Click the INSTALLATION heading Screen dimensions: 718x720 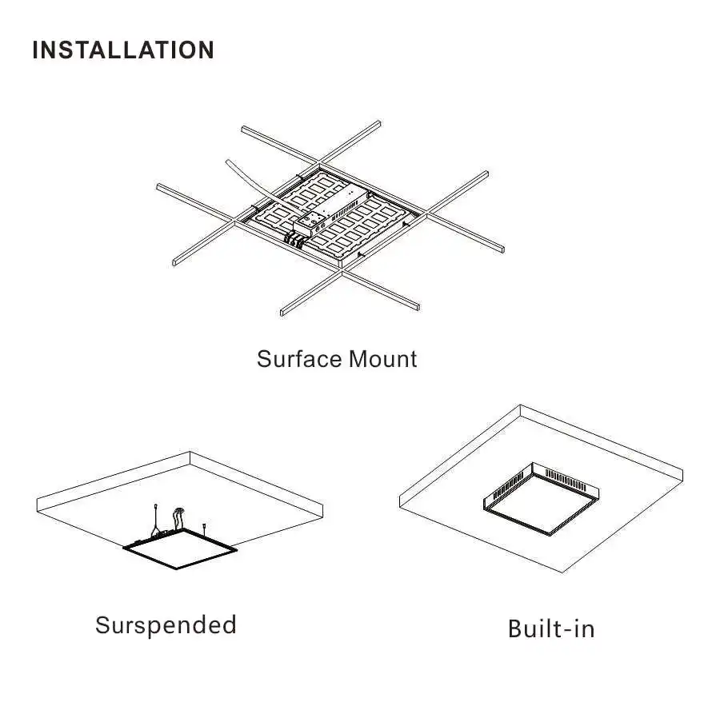point(123,50)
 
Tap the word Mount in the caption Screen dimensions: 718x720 point(382,359)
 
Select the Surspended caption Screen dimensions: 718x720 point(166,624)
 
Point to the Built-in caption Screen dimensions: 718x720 point(551,628)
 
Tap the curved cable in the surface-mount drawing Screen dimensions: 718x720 point(245,178)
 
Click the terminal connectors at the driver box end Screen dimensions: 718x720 point(298,235)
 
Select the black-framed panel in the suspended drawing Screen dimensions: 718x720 point(181,548)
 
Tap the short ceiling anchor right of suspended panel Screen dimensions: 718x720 point(206,527)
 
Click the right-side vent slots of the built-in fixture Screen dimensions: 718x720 point(571,481)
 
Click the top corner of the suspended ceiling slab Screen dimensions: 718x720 point(190,453)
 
